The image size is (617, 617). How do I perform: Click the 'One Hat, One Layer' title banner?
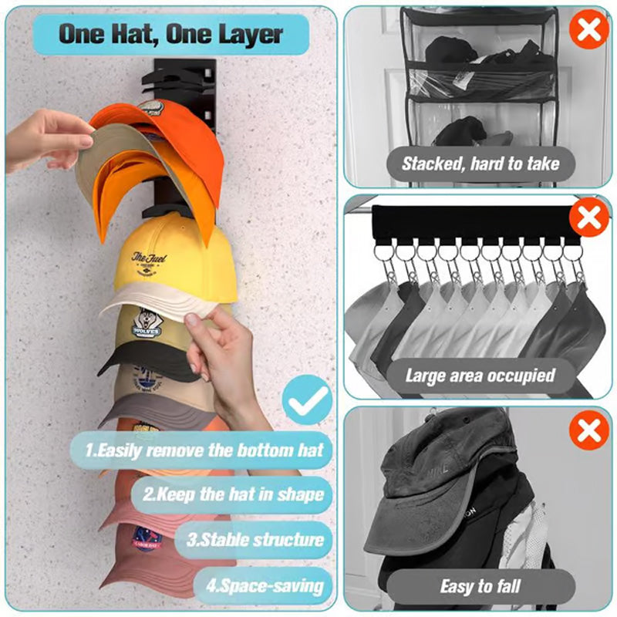[171, 35]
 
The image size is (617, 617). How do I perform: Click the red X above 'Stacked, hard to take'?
[588, 31]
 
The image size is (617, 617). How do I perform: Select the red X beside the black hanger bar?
[589, 218]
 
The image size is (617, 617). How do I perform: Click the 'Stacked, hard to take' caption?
[480, 163]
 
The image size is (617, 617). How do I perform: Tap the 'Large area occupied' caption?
[480, 376]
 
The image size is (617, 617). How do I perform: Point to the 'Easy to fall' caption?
[480, 586]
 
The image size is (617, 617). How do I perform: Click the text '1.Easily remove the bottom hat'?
[203, 450]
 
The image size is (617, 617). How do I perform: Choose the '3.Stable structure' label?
[255, 539]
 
